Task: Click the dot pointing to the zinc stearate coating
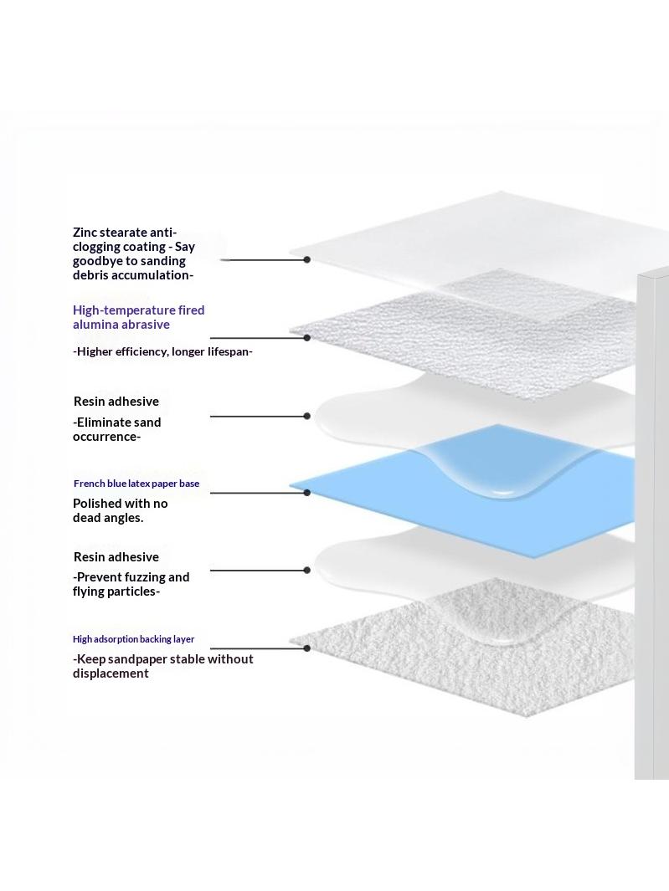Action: pos(306,259)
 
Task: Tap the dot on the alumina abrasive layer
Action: pos(306,337)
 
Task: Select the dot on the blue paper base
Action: pos(306,493)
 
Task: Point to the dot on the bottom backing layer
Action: pos(306,648)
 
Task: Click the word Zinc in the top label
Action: pos(85,233)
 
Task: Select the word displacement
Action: pos(111,674)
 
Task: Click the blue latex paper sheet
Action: pos(460,492)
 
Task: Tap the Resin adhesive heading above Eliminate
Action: pos(116,402)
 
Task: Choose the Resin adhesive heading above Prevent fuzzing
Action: pos(116,557)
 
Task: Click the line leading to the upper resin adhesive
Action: pos(258,416)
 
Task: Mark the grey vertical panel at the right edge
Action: pos(652,525)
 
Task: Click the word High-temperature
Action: pos(132,310)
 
